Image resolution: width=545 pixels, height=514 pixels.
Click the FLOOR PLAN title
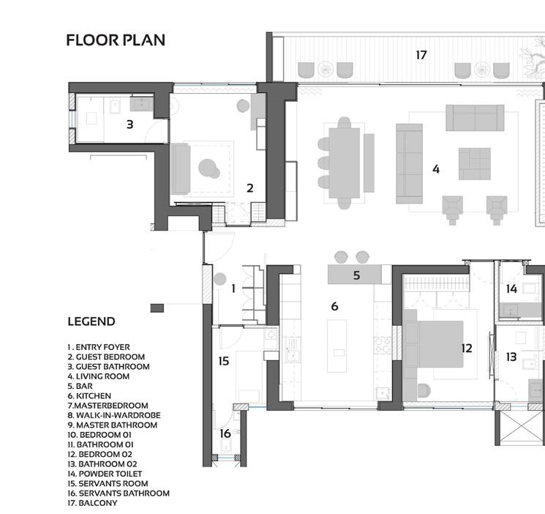[116, 40]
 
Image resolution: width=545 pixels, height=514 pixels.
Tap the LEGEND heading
[91, 321]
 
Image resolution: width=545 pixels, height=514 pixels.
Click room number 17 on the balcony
[421, 55]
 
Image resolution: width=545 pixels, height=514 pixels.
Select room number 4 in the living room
[436, 169]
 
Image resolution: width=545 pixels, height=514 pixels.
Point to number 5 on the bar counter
[356, 276]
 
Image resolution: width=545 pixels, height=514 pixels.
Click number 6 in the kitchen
[334, 306]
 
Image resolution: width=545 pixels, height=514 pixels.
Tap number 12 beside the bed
[467, 348]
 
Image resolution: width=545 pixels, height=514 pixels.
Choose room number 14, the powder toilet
[511, 288]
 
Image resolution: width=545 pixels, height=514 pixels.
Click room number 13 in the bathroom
[511, 357]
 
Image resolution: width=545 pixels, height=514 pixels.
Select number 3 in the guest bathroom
[129, 124]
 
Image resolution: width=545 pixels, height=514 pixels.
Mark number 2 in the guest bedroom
[250, 188]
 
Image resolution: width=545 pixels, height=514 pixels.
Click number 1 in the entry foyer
[233, 288]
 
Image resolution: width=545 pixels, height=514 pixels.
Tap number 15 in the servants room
[224, 361]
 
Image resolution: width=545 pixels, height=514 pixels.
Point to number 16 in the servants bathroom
[225, 433]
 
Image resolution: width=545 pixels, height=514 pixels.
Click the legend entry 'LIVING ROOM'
[98, 376]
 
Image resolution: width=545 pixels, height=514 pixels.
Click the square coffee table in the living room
[475, 163]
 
